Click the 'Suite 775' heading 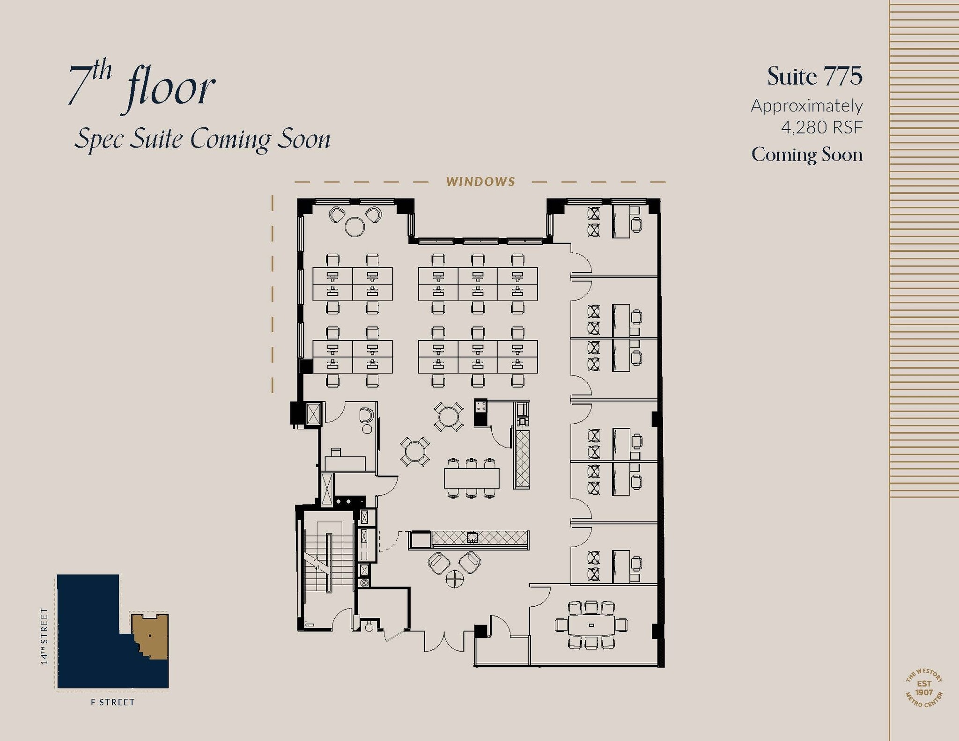(814, 76)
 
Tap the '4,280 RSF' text (821, 127)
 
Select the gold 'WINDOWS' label (480, 182)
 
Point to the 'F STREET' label (112, 702)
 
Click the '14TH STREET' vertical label (44, 636)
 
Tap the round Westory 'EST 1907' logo (924, 688)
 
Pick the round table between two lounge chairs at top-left (354, 227)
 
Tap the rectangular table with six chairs (472, 478)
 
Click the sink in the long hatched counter (472, 537)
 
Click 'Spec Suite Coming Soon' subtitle (202, 139)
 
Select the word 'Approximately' (807, 106)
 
